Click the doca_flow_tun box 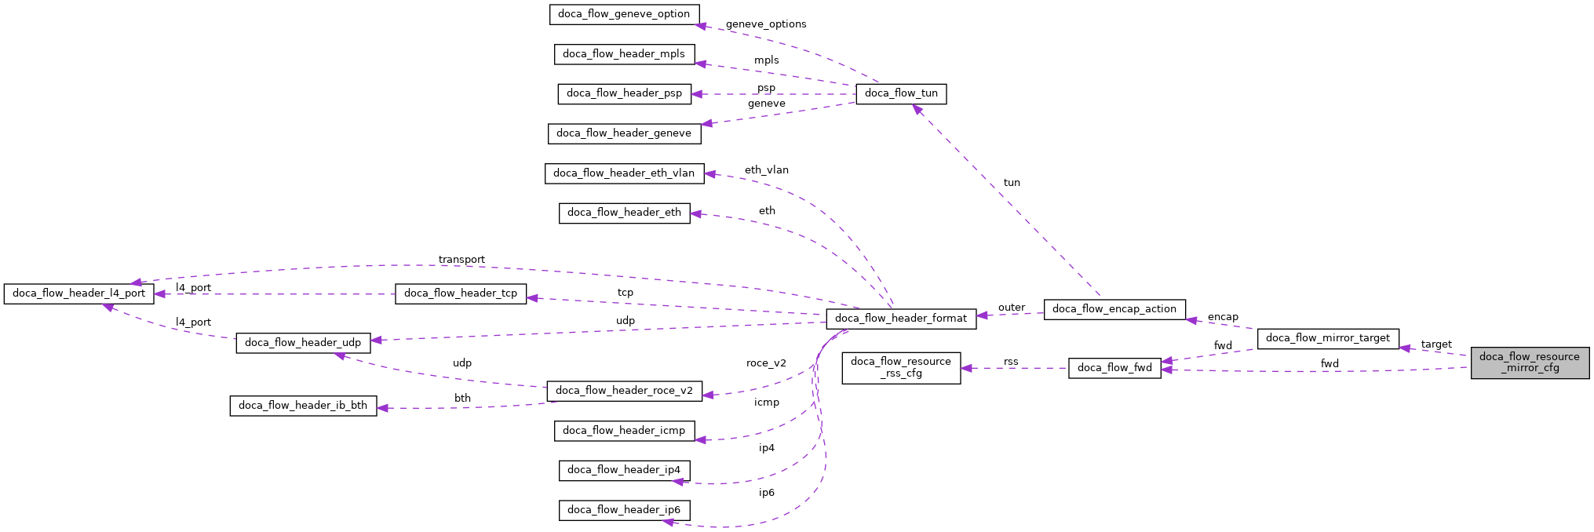pyautogui.click(x=901, y=93)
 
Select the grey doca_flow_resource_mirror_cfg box pyautogui.click(x=1530, y=363)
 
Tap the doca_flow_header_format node pyautogui.click(x=901, y=319)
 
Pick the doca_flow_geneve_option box pyautogui.click(x=624, y=14)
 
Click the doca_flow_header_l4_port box pyautogui.click(x=79, y=293)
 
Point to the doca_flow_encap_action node pyautogui.click(x=1114, y=309)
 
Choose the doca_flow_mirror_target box pyautogui.click(x=1327, y=338)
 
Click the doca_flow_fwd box pyautogui.click(x=1114, y=368)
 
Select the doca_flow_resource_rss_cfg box pyautogui.click(x=901, y=367)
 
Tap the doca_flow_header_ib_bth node pyautogui.click(x=303, y=406)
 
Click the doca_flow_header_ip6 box pyautogui.click(x=624, y=510)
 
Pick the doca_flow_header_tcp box pyautogui.click(x=461, y=293)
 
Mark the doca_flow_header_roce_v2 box pyautogui.click(x=624, y=391)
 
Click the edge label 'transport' pyautogui.click(x=461, y=260)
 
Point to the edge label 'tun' pyautogui.click(x=1012, y=183)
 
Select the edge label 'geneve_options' pyautogui.click(x=766, y=24)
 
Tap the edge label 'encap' pyautogui.click(x=1223, y=317)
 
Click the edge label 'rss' pyautogui.click(x=1011, y=362)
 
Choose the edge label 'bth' pyautogui.click(x=462, y=399)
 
